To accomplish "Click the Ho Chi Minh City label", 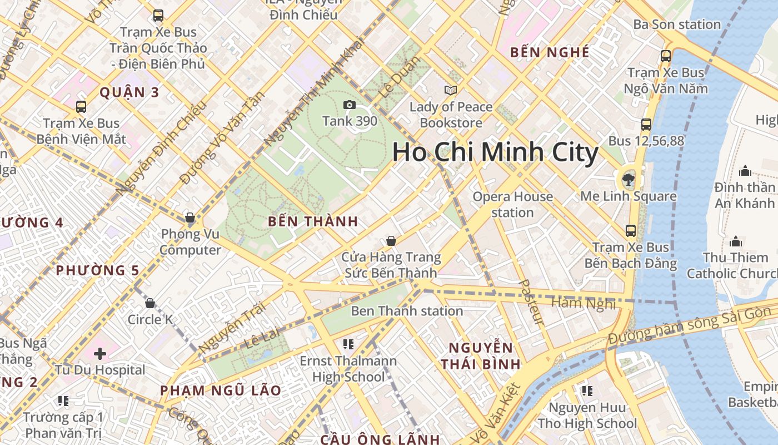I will (495, 152).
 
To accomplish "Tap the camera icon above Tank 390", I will (350, 105).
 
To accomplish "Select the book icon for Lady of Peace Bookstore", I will (451, 90).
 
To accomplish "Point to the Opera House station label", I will (512, 204).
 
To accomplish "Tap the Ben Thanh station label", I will (407, 311).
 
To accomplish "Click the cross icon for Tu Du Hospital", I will (100, 353).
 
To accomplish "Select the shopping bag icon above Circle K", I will (149, 303).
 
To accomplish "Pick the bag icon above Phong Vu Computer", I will (190, 217).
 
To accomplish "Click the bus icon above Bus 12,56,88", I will (646, 125).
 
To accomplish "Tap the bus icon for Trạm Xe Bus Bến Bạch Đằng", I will (630, 230).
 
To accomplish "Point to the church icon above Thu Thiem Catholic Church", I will (736, 241).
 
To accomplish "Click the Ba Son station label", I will (677, 24).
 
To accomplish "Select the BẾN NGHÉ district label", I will (550, 52).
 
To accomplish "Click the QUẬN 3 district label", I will (129, 92).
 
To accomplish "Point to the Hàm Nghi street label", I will (583, 303).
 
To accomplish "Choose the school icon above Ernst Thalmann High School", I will (348, 344).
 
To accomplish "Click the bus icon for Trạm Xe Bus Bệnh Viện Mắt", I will (81, 106).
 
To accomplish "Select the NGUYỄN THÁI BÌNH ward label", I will (481, 356).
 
